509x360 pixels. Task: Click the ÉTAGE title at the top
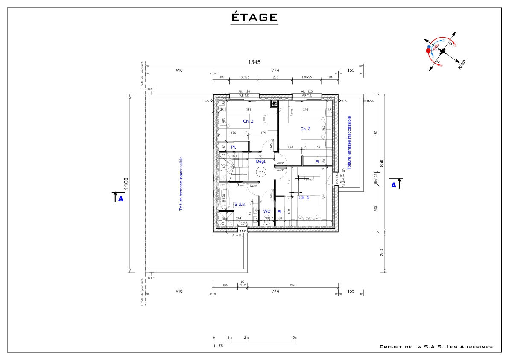[x=254, y=17]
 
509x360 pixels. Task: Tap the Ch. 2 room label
[x=248, y=121]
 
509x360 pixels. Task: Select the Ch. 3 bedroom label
[x=305, y=129]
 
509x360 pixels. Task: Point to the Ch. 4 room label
[x=304, y=198]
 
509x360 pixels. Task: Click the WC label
[x=267, y=211]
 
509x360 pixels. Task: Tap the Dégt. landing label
[x=261, y=161]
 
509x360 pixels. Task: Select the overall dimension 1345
[x=254, y=62]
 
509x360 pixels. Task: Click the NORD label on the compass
[x=462, y=64]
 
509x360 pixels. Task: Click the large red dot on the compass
[x=428, y=50]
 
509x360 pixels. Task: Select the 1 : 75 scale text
[x=218, y=345]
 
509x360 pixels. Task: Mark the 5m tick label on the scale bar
[x=295, y=338]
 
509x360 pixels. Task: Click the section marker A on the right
[x=394, y=185]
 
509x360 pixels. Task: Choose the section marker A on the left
[x=120, y=199]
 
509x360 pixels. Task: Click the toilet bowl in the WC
[x=267, y=219]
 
